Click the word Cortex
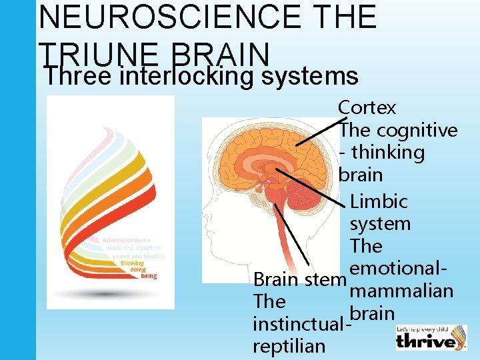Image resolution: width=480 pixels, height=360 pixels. tap(367, 107)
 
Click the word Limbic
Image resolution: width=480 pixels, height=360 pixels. tap(379, 201)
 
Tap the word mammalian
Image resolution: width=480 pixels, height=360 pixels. tap(401, 291)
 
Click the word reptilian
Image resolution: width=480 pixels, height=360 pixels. tap(289, 346)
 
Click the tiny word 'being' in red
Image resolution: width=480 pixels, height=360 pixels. tap(149, 275)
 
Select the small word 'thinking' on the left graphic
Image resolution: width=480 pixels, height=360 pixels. tap(133, 263)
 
